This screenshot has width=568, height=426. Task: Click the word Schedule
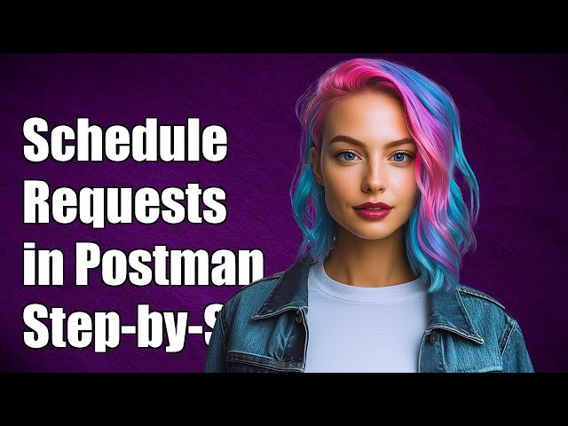click(x=125, y=142)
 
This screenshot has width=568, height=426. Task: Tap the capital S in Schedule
click(x=37, y=142)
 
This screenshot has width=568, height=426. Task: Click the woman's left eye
click(x=400, y=157)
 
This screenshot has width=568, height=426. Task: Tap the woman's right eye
click(x=346, y=158)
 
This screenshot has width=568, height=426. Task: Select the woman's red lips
click(x=373, y=210)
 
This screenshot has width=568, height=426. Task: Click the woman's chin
click(x=373, y=235)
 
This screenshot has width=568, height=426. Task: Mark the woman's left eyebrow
click(x=402, y=142)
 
